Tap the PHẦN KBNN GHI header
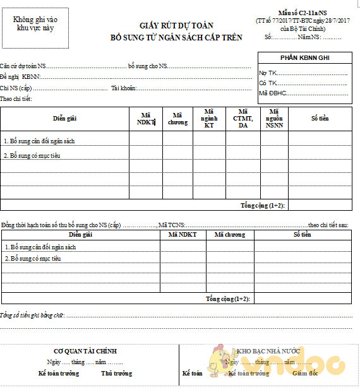tap(304, 58)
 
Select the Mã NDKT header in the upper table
tap(146, 119)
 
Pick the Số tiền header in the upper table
tap(320, 118)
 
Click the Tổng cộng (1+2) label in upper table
tap(263, 206)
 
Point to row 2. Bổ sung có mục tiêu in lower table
tap(33, 259)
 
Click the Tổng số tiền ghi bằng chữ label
tap(32, 314)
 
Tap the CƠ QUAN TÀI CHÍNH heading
tap(85, 352)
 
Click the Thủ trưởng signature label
tap(116, 374)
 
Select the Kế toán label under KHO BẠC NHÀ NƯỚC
tap(192, 374)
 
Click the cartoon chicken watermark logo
tap(217, 362)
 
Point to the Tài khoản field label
tap(123, 88)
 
